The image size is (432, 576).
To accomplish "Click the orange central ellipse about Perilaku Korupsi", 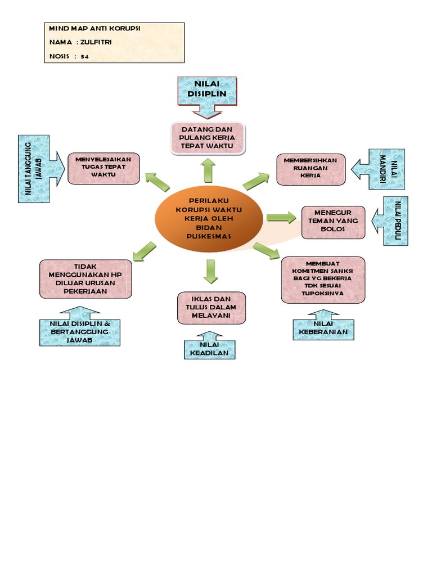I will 209,218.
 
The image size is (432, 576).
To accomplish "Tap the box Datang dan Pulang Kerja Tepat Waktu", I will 207,138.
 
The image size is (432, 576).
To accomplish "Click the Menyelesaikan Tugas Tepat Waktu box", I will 103,167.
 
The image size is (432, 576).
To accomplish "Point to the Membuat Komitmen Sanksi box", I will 323,280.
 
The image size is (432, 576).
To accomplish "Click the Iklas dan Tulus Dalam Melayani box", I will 211,308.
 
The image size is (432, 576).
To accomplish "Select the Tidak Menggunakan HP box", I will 85,278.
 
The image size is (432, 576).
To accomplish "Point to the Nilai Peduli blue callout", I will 397,220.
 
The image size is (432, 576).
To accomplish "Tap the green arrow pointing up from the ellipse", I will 209,170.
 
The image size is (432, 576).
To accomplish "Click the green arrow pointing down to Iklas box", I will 211,272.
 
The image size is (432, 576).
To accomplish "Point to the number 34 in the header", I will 85,56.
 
